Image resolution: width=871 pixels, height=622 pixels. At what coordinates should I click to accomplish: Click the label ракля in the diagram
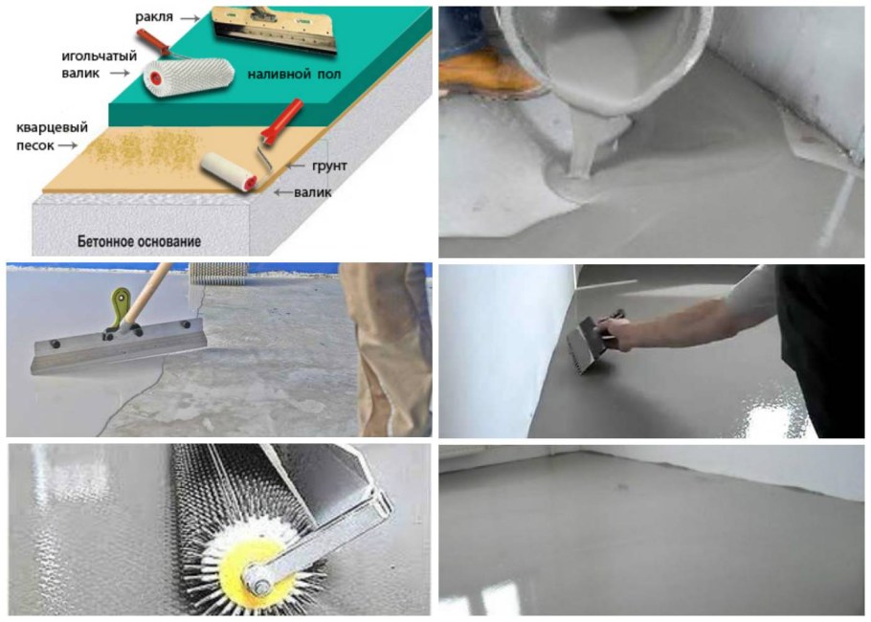pos(154,17)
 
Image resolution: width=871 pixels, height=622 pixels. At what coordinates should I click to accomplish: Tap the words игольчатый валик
pos(99,64)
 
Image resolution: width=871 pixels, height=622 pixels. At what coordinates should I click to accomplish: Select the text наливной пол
pos(294,74)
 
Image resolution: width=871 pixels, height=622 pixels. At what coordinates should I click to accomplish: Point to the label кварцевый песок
pos(52,137)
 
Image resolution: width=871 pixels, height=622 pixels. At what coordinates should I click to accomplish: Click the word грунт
pos(329,167)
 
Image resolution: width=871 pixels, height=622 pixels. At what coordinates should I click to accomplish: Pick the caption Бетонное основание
pos(139,241)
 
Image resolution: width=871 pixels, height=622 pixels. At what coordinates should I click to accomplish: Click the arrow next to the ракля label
pos(190,18)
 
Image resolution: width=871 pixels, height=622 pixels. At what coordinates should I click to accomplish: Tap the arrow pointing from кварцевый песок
pos(68,145)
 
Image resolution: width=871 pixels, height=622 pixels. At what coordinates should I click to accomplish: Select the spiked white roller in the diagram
pos(189,77)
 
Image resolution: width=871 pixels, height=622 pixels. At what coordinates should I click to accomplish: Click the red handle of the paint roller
pos(282,122)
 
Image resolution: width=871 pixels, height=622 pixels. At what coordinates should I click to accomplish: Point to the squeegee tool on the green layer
pos(274,29)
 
